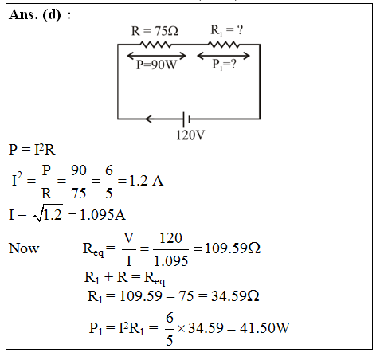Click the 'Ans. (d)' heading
pos(40,14)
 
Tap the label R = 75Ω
pos(155,31)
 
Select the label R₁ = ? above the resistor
pos(227,30)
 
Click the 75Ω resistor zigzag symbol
pos(155,45)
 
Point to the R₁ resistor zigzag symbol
pos(224,45)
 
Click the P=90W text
pos(156,65)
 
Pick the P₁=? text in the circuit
pos(224,65)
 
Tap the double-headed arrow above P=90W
pos(157,56)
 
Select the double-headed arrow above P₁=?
pos(223,56)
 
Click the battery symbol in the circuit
pos(186,119)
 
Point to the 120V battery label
pos(190,135)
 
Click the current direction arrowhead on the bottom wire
pos(149,119)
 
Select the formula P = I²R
pos(32,150)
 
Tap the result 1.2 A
pos(146,181)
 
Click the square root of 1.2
pos(49,213)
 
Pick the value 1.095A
pos(103,215)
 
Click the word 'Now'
pos(24,248)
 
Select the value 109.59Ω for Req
pos(233,248)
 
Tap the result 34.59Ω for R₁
pos(235,296)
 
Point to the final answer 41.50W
pos(264,328)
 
